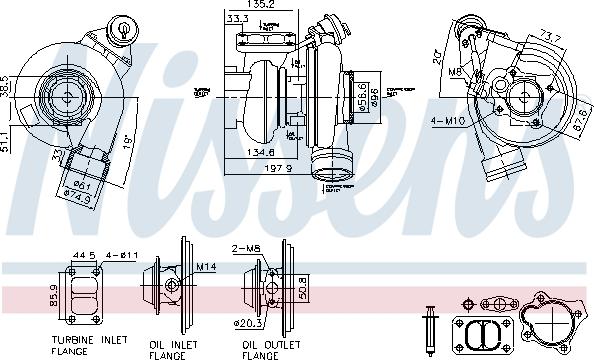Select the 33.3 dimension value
point(238,17)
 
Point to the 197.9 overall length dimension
point(279,168)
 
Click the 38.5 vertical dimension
point(6,86)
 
